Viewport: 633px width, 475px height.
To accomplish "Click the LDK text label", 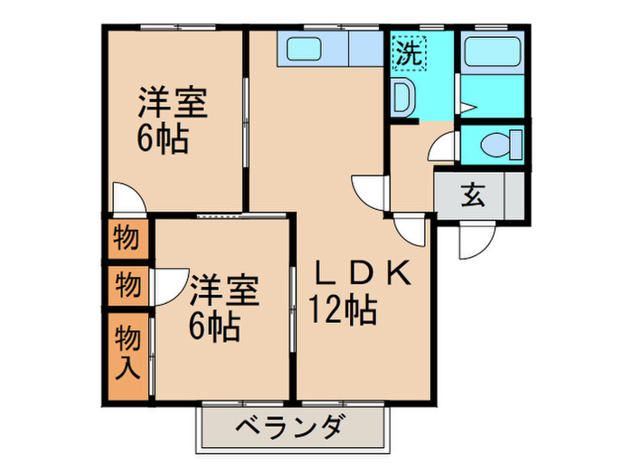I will (x=362, y=273).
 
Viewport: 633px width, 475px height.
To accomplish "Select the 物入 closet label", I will (x=127, y=354).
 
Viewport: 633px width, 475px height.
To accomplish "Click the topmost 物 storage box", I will (x=126, y=240).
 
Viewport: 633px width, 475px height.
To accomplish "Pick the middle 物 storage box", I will (x=127, y=286).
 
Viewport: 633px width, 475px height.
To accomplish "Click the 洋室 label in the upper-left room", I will (x=172, y=103).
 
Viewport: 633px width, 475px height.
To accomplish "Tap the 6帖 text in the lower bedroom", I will (x=214, y=326).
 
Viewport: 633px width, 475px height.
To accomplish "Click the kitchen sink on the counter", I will (x=302, y=50).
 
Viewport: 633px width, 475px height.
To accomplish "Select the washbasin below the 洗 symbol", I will (x=402, y=96).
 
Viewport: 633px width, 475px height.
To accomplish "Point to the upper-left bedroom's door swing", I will (x=126, y=200).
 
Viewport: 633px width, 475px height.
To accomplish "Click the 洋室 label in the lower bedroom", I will (x=224, y=291).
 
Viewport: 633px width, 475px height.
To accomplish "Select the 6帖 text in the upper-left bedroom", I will (x=163, y=140).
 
